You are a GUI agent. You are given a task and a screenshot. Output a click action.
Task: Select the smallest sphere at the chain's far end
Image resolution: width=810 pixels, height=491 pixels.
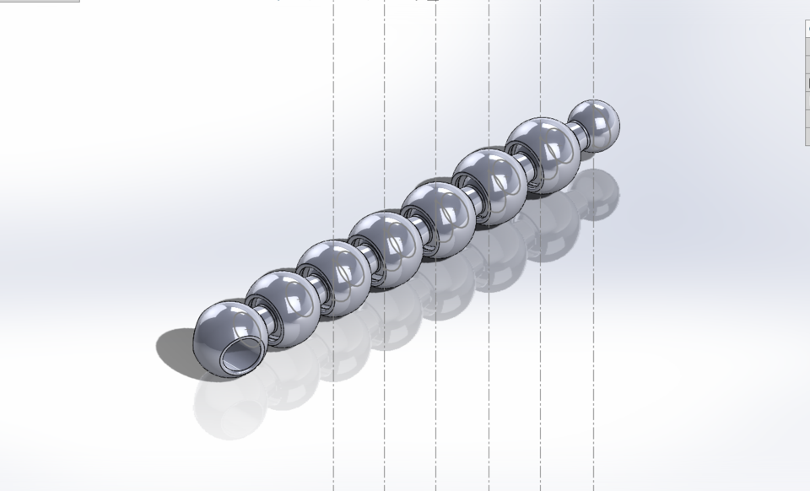click(594, 126)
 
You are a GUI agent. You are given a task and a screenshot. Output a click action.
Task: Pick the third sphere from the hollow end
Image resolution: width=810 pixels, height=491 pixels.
click(334, 278)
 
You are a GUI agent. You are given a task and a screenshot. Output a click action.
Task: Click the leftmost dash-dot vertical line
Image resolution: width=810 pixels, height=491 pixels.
click(333, 84)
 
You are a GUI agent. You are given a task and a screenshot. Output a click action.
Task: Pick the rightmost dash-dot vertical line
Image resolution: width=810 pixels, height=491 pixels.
click(593, 51)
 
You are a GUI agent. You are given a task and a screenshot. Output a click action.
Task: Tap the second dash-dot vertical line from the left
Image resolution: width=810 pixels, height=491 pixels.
click(385, 84)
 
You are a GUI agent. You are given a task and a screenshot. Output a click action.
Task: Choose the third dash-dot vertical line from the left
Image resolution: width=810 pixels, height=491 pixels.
click(436, 84)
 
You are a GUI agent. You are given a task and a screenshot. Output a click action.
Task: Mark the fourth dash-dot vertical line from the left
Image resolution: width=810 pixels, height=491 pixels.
click(489, 84)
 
